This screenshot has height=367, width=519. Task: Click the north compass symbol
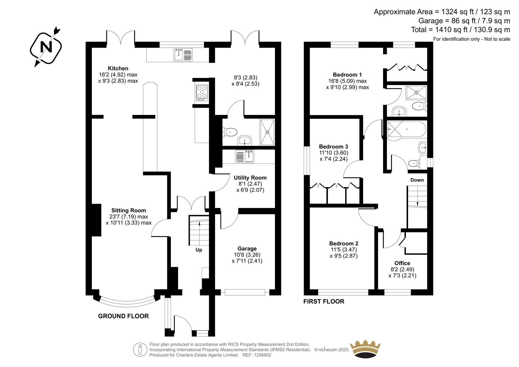tap(46, 47)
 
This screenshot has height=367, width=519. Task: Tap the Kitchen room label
tap(118, 68)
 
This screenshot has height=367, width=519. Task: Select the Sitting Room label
tap(128, 210)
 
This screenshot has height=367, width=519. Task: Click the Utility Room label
tap(250, 177)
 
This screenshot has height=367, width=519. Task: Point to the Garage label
tap(247, 249)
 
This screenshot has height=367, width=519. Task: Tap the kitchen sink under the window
tap(183, 55)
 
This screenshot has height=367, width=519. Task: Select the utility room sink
tap(245, 156)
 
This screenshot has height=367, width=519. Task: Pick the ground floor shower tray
tap(267, 132)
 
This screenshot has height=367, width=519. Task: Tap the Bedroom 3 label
tap(333, 147)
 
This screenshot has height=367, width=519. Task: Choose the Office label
tap(402, 263)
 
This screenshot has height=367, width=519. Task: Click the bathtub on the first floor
tap(406, 129)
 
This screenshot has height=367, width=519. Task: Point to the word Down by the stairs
tap(417, 180)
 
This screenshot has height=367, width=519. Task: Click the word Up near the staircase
tap(199, 250)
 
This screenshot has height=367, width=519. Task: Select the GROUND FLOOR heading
tap(123, 316)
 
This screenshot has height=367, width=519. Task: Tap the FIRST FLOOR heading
tap(324, 301)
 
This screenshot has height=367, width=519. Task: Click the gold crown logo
tap(365, 349)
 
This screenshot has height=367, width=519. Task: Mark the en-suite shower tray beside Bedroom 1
tap(416, 92)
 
